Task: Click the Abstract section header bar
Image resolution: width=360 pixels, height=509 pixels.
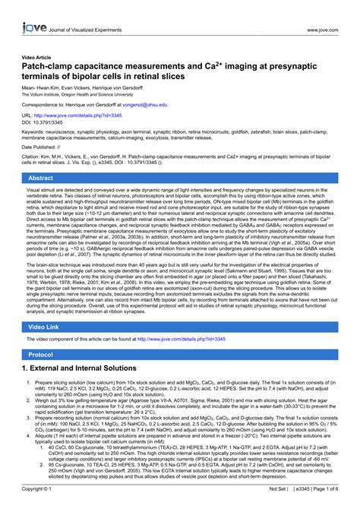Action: [x=180, y=177]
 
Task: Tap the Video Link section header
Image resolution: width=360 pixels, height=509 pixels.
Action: [x=180, y=326]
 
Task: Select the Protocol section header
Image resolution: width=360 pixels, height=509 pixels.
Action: [x=180, y=355]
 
